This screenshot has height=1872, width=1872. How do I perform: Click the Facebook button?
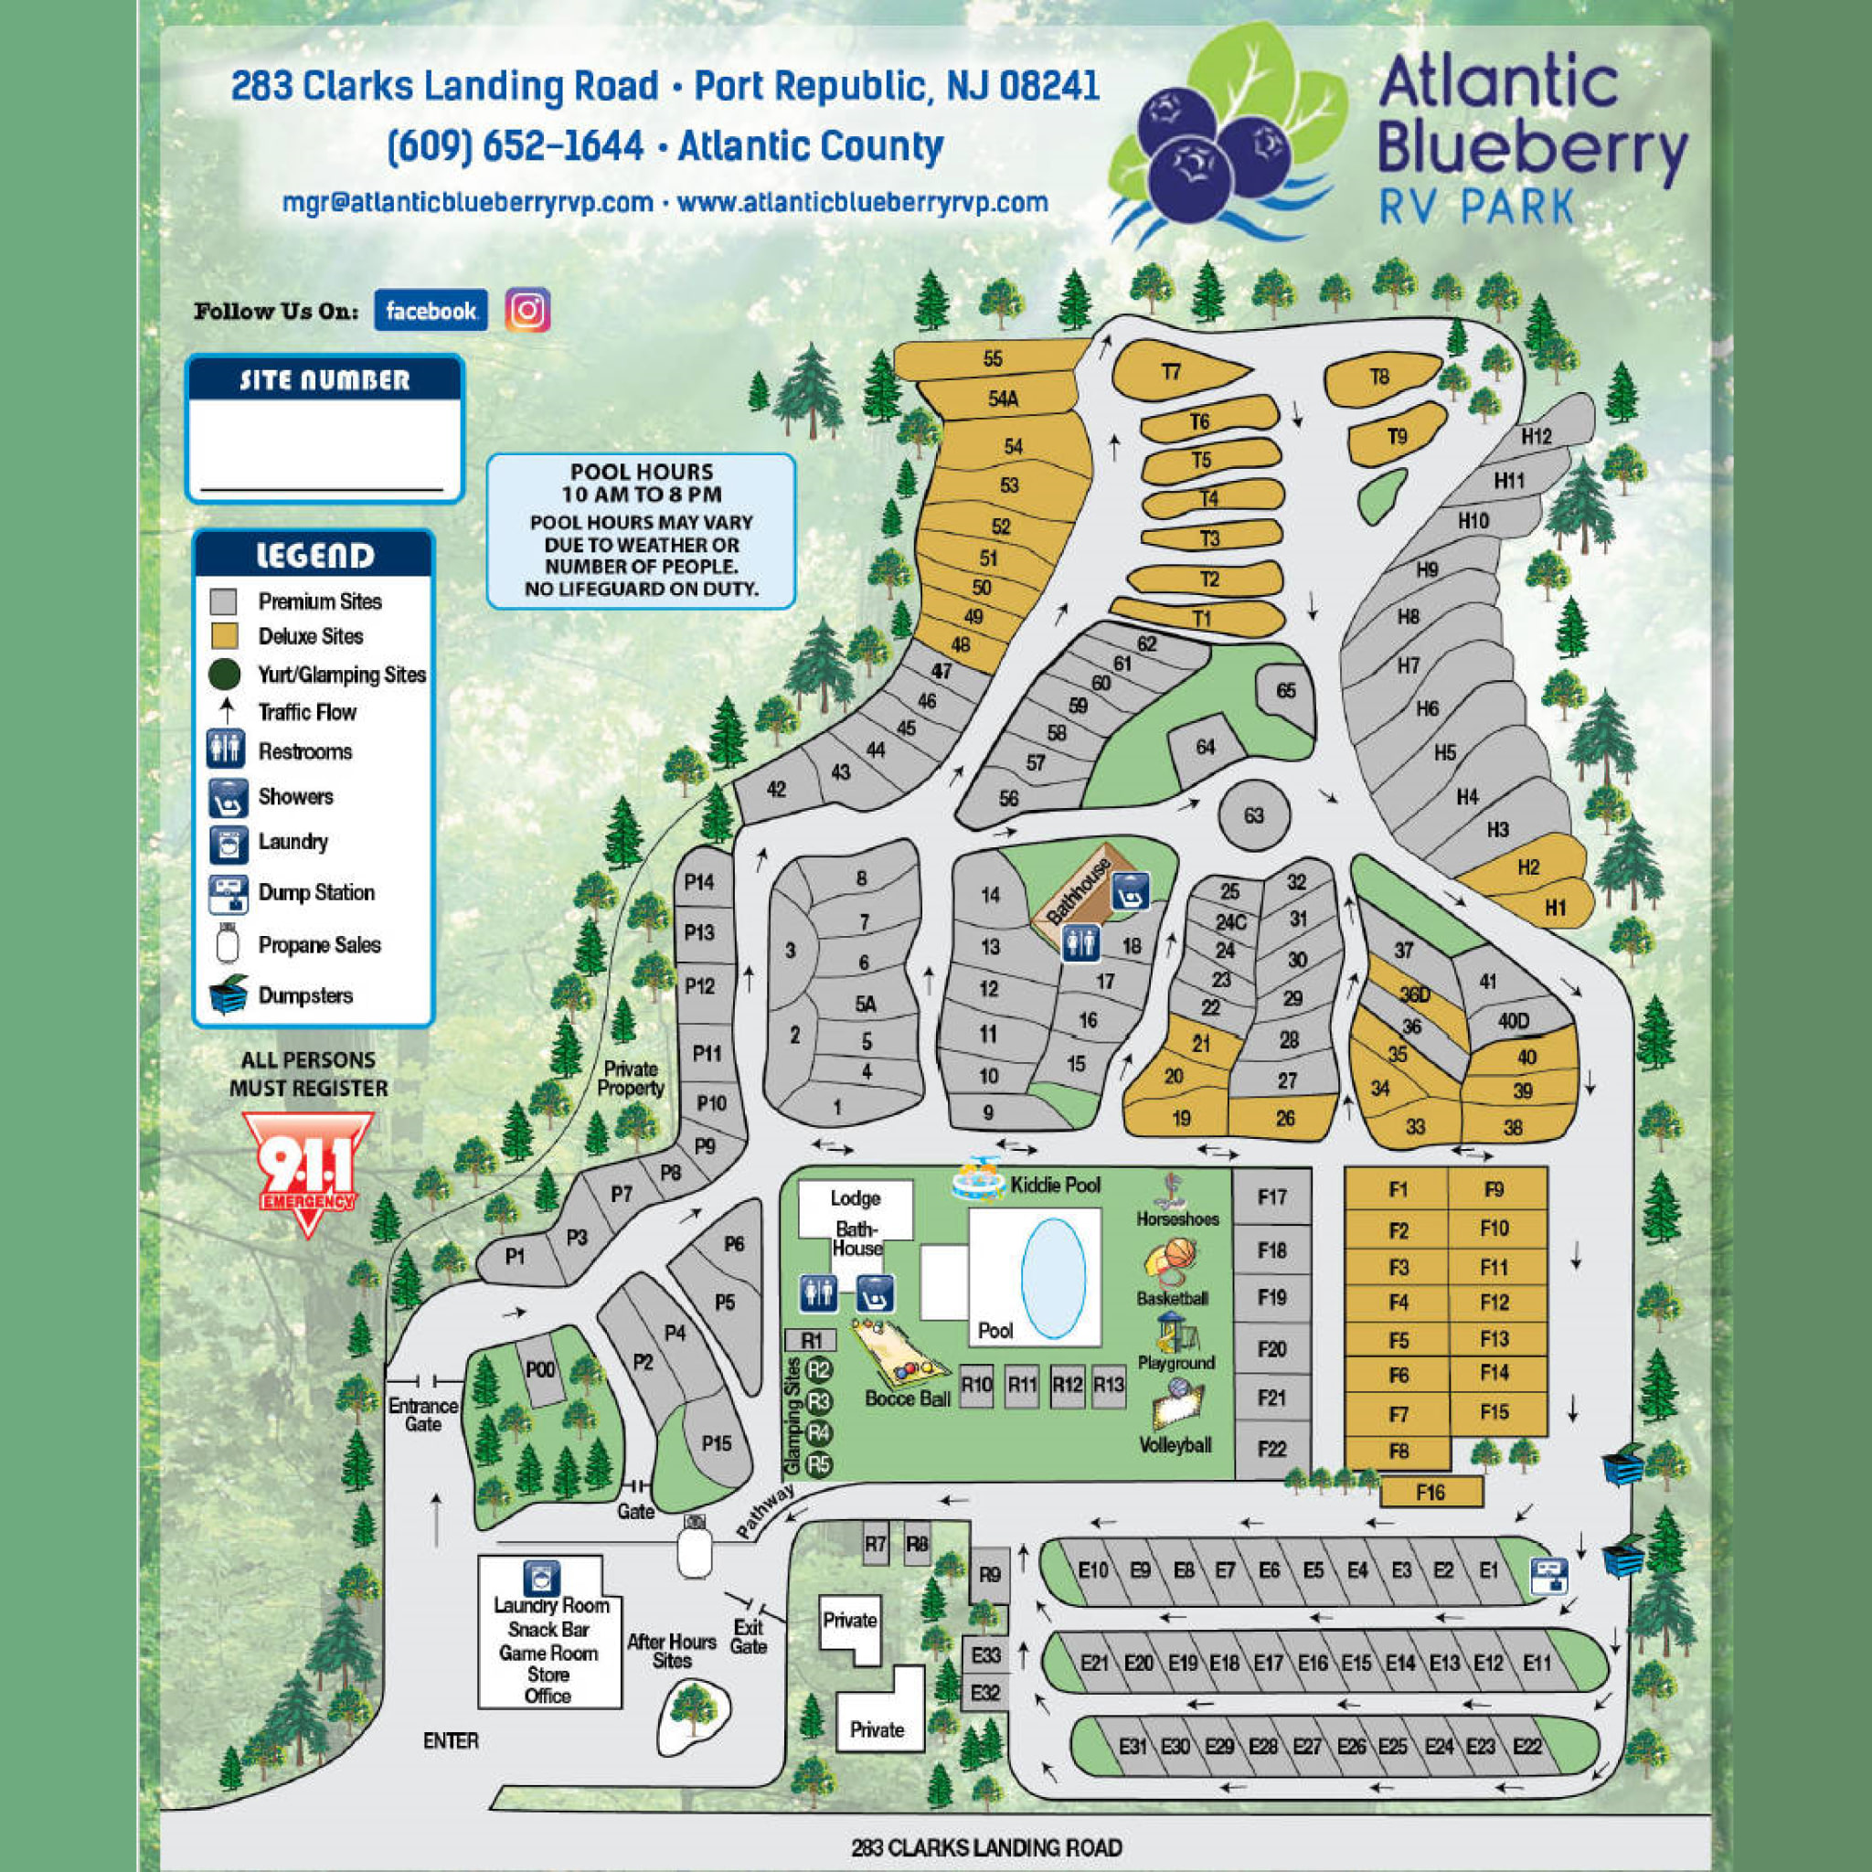coord(431,310)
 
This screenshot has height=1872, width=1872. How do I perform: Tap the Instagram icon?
coord(527,310)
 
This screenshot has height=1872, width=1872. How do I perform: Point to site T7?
coord(1172,372)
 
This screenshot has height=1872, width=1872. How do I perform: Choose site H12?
coord(1536,437)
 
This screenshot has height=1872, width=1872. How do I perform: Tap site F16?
coord(1431,1492)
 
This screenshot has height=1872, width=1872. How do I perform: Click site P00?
coord(539,1369)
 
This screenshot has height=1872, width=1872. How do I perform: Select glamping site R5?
coord(820,1464)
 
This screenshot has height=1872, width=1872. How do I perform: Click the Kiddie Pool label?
coord(1055,1184)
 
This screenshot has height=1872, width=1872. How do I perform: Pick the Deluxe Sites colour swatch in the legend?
coord(224,636)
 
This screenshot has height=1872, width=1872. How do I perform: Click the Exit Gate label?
coord(748,1636)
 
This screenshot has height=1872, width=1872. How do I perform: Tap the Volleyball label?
coord(1175,1445)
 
